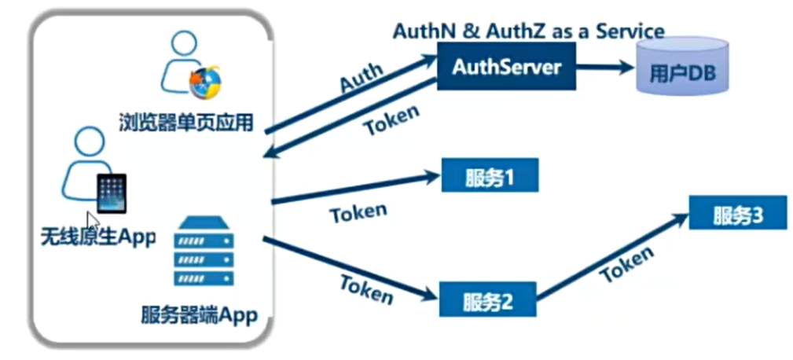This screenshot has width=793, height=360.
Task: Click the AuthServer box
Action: [x=506, y=66]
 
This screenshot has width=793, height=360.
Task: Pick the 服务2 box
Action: [x=486, y=299]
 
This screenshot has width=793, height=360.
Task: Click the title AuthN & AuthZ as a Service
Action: [x=528, y=31]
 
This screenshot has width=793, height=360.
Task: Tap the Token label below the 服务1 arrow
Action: [x=358, y=213]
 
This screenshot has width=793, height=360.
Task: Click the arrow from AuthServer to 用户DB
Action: [x=605, y=67]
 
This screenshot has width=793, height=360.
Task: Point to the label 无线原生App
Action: [x=98, y=235]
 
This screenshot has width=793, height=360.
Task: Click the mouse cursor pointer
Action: [x=93, y=219]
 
